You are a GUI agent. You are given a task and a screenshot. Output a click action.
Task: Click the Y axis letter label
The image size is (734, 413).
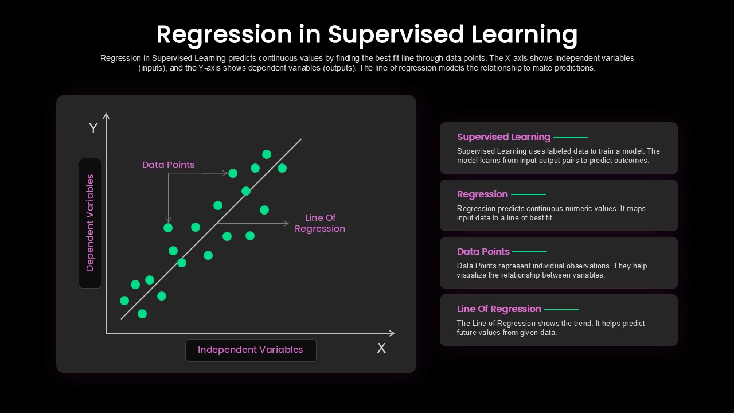coord(93,128)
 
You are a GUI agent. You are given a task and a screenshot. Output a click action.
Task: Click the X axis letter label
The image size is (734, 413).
coord(381,348)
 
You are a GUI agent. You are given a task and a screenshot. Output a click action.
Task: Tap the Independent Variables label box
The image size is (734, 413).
coord(251,350)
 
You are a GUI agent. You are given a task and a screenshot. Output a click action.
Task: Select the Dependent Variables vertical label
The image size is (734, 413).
coord(90,223)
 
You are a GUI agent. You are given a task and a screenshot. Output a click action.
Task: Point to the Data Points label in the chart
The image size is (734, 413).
coord(169,165)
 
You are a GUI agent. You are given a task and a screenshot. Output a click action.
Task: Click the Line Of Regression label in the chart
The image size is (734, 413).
coord(320,223)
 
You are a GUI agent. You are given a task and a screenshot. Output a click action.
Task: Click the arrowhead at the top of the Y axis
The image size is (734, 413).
coord(106,115)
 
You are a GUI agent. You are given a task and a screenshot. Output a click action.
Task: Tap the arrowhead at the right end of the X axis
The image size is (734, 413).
coord(392,333)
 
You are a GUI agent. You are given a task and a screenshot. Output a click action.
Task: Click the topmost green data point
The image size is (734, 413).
coord(267,154)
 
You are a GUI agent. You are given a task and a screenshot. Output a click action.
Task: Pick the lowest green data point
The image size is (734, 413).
coord(142,314)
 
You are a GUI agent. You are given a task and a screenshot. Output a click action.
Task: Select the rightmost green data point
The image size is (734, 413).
coord(282,168)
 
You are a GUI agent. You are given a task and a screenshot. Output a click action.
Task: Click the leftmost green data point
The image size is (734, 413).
coord(124,301)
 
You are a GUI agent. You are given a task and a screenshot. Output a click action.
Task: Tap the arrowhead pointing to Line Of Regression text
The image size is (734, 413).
coord(286,224)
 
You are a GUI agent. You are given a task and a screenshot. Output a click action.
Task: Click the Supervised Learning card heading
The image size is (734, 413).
coord(503,137)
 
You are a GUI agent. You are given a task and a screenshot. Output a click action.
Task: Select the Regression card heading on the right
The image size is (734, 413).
coord(482,194)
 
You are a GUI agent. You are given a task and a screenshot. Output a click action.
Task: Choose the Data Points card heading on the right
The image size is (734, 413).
coord(483,252)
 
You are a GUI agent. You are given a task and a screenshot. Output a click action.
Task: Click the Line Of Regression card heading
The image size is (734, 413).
coord(499,309)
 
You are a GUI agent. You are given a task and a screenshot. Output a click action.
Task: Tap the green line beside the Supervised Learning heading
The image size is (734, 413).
coord(571,137)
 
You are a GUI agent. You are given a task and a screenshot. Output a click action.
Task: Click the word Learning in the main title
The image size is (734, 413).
coord(525,35)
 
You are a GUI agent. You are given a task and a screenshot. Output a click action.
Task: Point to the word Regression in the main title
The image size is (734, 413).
coord(224,35)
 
